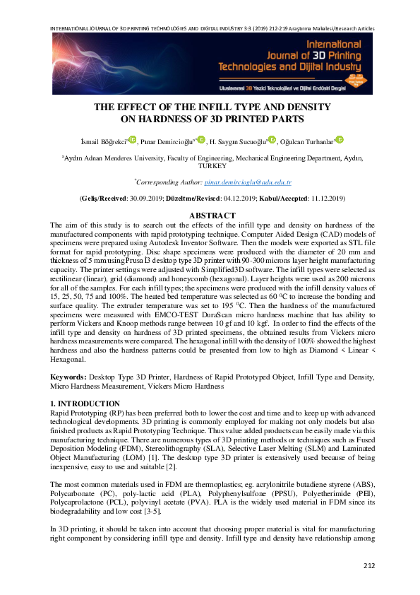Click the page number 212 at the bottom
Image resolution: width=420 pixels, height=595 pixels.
point(368,565)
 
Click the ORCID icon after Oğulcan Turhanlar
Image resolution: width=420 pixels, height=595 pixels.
point(340,139)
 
